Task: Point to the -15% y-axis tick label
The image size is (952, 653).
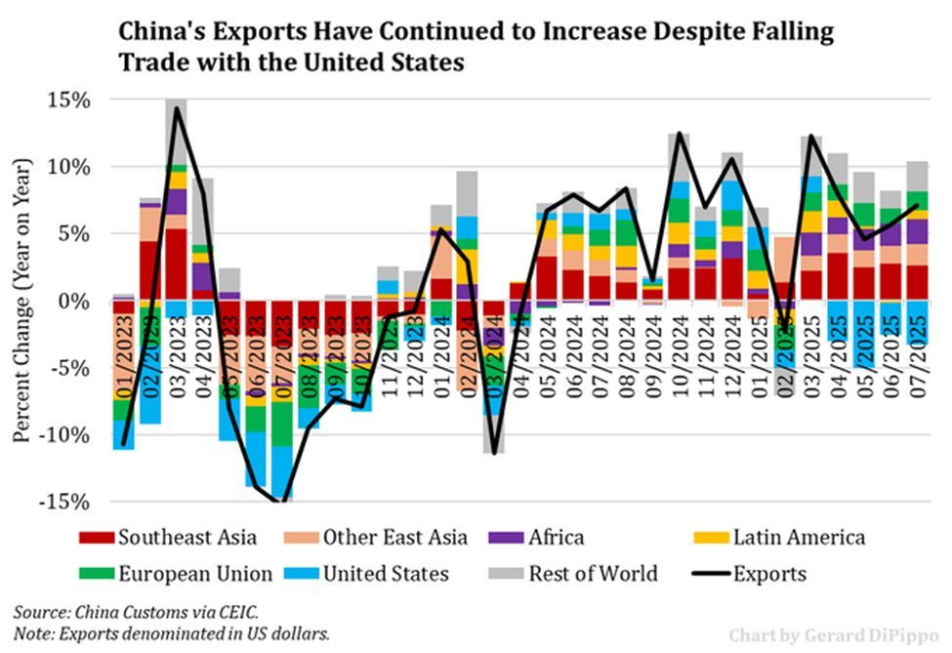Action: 66,502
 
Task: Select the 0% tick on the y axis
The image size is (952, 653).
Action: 75,301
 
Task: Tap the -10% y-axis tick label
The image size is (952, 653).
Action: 66,434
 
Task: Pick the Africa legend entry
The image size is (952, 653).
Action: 555,537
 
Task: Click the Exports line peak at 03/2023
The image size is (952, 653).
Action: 177,108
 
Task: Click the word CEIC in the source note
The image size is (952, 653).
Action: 233,612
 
